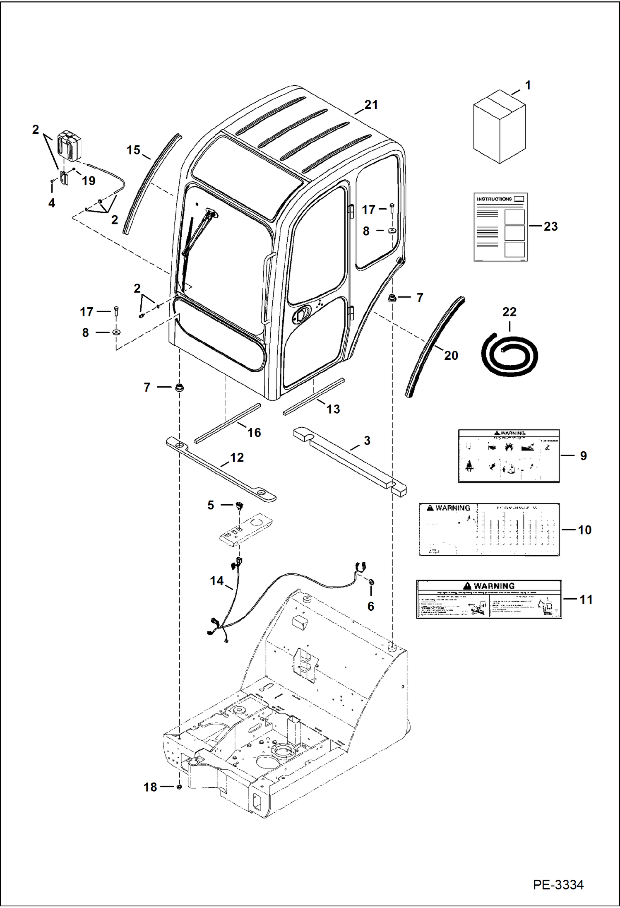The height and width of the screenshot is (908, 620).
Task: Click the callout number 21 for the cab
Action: point(371,105)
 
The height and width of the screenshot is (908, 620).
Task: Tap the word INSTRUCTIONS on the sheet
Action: point(494,199)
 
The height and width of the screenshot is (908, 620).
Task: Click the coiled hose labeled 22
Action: point(509,354)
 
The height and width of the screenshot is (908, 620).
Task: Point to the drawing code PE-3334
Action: point(558,884)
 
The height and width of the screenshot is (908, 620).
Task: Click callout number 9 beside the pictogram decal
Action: point(583,455)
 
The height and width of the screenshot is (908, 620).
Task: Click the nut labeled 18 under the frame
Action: point(179,786)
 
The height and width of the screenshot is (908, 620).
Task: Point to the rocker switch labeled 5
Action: point(240,505)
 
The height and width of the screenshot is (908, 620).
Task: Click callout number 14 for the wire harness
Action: point(216,580)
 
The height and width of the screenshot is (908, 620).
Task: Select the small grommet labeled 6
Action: point(371,582)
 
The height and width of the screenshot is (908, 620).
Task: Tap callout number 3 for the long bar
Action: point(367,441)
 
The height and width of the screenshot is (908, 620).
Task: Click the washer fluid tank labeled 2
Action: point(69,145)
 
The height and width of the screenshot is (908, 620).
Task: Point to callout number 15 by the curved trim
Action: point(133,150)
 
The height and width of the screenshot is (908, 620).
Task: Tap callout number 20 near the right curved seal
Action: point(451,355)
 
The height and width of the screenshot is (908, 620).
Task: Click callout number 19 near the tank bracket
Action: point(88,181)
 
